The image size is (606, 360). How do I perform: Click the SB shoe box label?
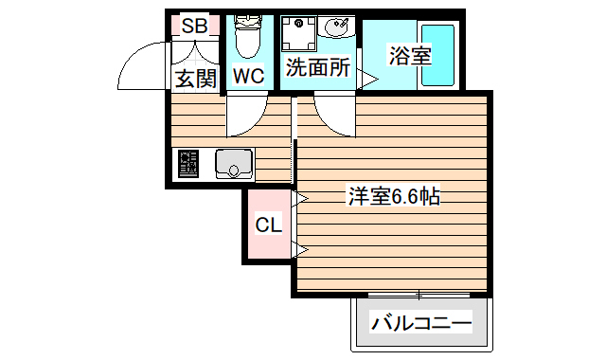click(194, 26)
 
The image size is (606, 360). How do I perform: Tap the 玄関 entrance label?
click(194, 78)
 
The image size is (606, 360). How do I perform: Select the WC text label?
click(248, 75)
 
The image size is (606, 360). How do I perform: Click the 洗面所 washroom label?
click(318, 69)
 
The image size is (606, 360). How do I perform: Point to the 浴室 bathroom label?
click(409, 54)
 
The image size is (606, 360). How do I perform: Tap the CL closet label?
click(269, 225)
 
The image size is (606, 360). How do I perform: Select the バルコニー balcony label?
click(421, 323)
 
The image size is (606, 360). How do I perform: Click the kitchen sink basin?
click(233, 165)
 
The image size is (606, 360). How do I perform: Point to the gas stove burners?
click(187, 165)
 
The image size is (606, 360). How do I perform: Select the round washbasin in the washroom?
click(335, 29)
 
